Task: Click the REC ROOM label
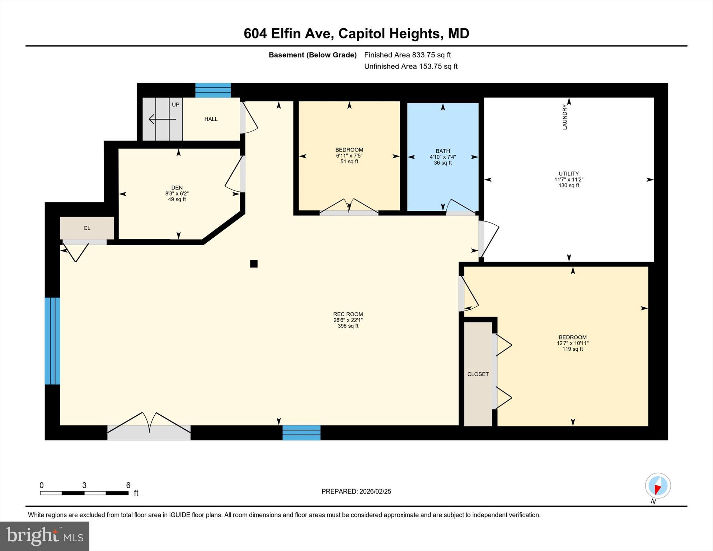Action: tap(348, 314)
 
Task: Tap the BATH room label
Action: tap(442, 151)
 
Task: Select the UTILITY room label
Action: tap(568, 174)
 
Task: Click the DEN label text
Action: tap(177, 188)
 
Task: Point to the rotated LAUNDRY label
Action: tap(564, 117)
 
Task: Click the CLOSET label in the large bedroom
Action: tap(478, 374)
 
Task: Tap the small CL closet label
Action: tap(87, 228)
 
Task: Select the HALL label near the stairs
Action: tap(211, 119)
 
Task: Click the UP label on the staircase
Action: tap(175, 105)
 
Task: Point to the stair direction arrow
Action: tap(162, 119)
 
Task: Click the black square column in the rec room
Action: tap(254, 264)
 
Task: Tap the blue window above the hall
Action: tap(213, 90)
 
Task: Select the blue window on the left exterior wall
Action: tap(52, 341)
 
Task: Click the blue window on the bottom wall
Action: tap(301, 433)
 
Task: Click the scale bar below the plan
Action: tap(84, 493)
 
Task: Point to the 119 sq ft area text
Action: tap(572, 349)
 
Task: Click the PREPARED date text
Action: tap(356, 491)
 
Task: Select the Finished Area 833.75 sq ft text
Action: tap(407, 55)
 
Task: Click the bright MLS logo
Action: tap(44, 536)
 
